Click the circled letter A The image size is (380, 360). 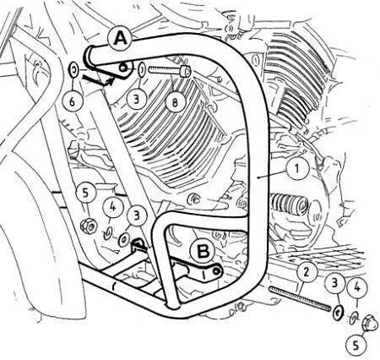pyautogui.click(x=122, y=38)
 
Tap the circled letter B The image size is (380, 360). pyautogui.click(x=203, y=251)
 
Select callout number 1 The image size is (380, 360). pyautogui.click(x=297, y=168)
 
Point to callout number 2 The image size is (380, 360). pyautogui.click(x=306, y=272)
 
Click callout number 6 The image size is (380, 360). pyautogui.click(x=73, y=101)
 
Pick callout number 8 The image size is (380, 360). pyautogui.click(x=175, y=103)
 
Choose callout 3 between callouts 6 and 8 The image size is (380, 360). pyautogui.click(x=137, y=99)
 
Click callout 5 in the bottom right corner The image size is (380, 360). pyautogui.click(x=356, y=345)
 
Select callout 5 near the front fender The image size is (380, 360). pyautogui.click(x=86, y=194)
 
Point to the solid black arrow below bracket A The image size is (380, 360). pyautogui.click(x=97, y=79)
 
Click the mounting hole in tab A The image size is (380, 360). pyautogui.click(x=122, y=68)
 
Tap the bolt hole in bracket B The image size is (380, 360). pyautogui.click(x=216, y=271)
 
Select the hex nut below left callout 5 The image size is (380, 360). pyautogui.click(x=89, y=226)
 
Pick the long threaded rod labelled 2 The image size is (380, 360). pyautogui.click(x=300, y=298)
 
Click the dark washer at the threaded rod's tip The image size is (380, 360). pyautogui.click(x=338, y=311)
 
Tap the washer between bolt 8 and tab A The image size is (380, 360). pyautogui.click(x=142, y=69)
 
